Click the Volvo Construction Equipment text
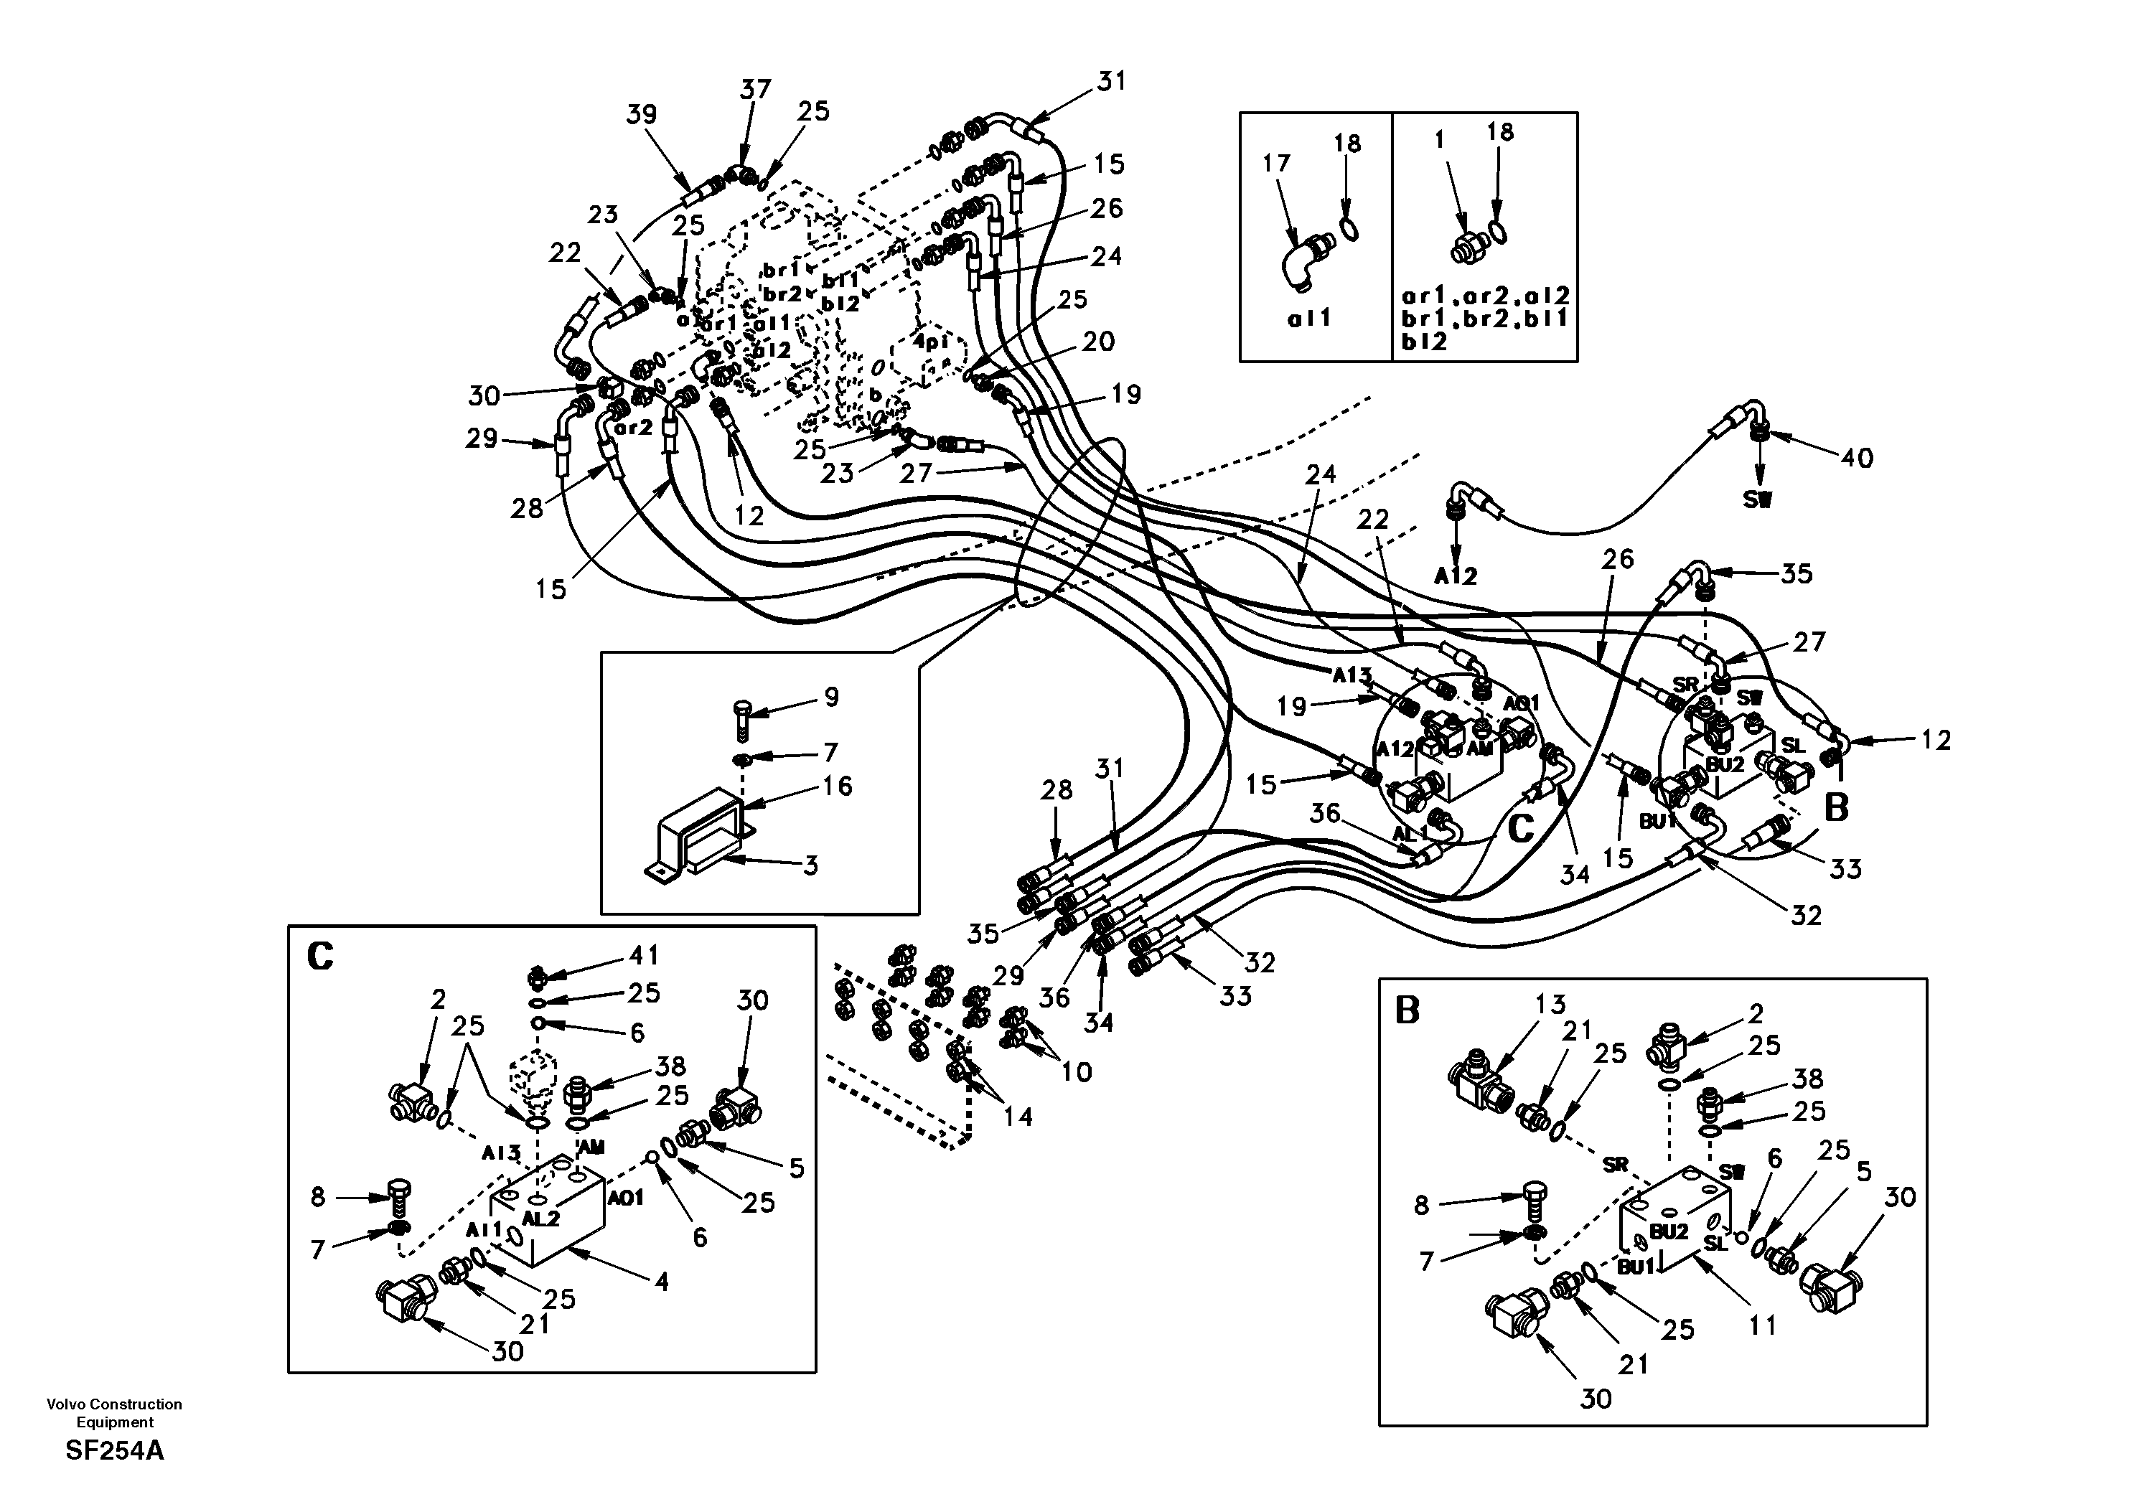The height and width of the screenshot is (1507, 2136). pos(114,1412)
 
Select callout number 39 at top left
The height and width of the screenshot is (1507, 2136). pos(641,114)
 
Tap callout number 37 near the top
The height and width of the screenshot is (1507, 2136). pos(755,89)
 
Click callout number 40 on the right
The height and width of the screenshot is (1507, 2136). pos(1857,458)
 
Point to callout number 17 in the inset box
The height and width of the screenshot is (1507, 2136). pos(1276,163)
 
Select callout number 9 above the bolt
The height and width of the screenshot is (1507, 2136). pos(830,697)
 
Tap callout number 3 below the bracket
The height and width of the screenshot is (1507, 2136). pos(810,865)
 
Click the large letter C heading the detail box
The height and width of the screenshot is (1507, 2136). pos(320,957)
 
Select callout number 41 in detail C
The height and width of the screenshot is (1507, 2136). pos(644,955)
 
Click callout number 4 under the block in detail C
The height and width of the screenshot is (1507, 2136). pos(662,1282)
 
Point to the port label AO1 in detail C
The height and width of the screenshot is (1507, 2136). pos(625,1198)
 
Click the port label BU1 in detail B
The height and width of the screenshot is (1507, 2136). pos(1636,1267)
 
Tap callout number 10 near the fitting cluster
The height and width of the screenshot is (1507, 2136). pos(1077,1071)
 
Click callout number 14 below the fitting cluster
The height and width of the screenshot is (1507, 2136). pos(1018,1115)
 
